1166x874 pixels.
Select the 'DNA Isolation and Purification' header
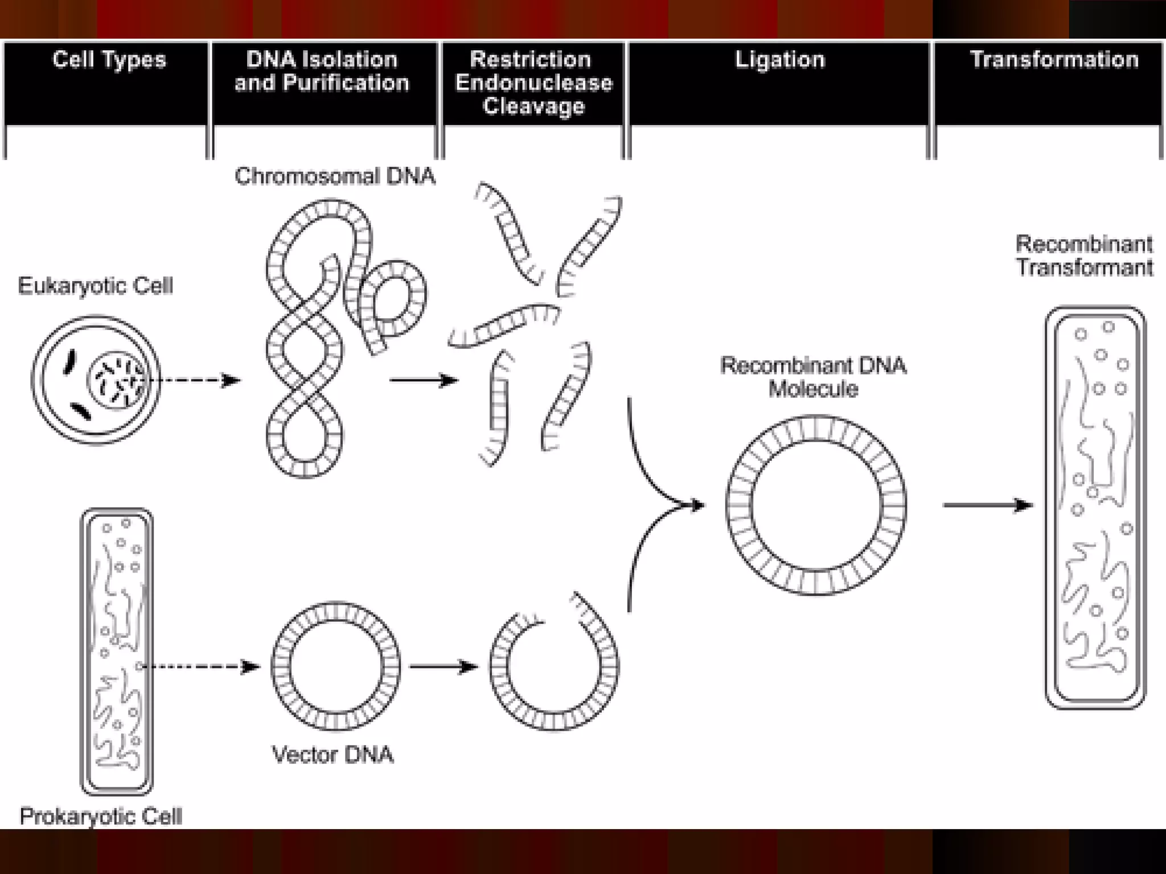[322, 72]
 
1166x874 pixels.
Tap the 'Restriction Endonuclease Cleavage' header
[533, 83]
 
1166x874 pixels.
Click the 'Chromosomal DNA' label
[335, 176]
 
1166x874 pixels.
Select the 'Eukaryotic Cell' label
[95, 286]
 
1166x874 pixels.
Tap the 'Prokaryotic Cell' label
[101, 817]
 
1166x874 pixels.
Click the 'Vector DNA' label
[333, 755]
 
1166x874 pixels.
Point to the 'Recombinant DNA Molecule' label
[813, 377]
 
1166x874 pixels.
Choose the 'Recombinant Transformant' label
[1085, 255]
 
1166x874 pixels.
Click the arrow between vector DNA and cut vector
[443, 666]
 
